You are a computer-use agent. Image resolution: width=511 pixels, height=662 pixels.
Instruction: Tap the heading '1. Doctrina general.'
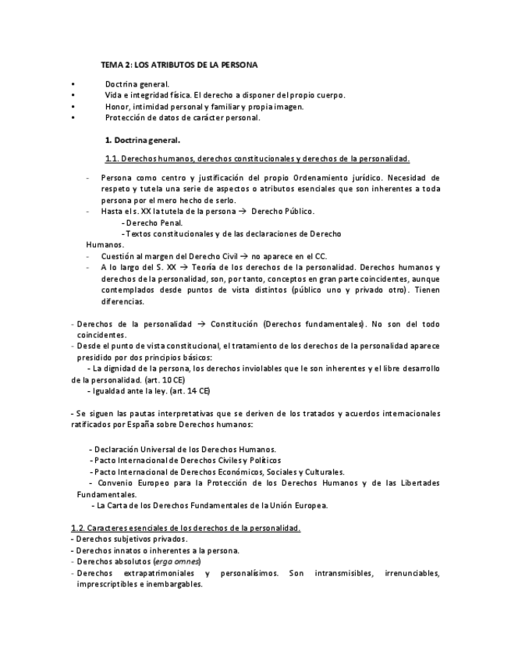[142, 141]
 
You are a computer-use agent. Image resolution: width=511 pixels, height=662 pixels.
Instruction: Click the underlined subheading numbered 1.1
[257, 158]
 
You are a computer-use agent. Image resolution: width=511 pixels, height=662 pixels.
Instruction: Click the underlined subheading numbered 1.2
[186, 528]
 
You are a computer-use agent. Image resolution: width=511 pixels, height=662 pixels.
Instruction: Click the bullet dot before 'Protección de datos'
[71, 118]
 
